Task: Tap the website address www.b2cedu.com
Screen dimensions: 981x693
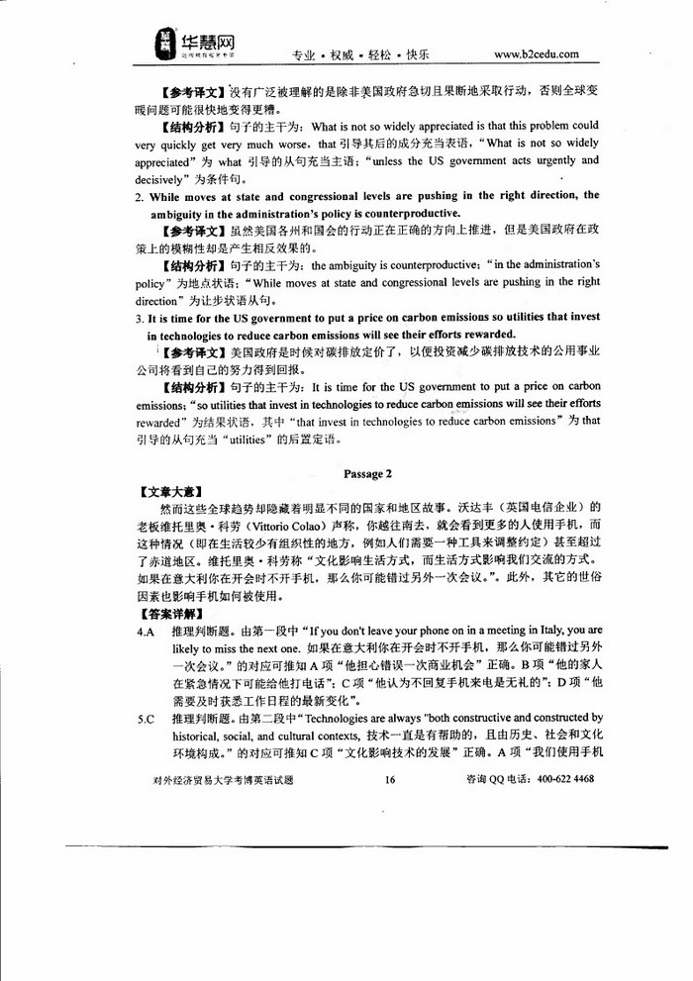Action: click(536, 53)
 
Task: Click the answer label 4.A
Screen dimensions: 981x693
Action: click(146, 631)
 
